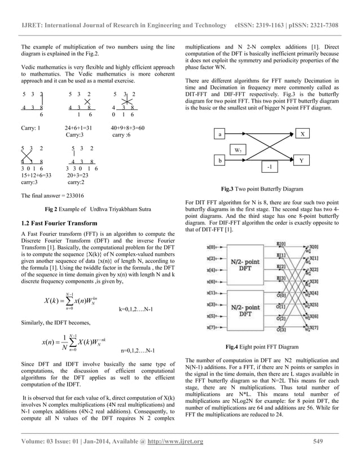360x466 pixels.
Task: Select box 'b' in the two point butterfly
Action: [220, 161]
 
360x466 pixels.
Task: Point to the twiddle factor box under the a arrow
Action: [240, 150]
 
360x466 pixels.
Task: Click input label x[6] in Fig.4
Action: [210, 280]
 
